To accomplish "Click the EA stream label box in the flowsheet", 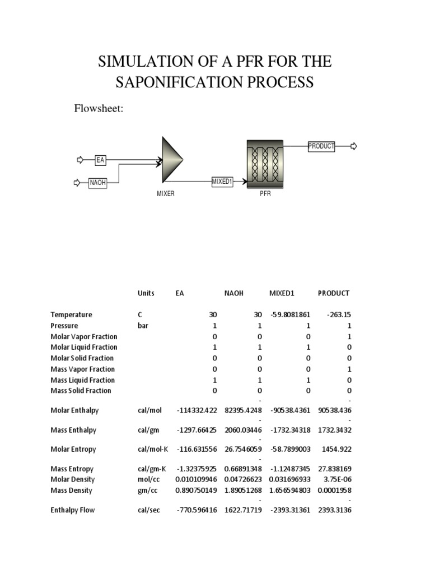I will pos(101,160).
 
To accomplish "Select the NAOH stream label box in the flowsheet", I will pos(97,183).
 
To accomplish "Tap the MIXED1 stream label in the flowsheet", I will pos(222,182).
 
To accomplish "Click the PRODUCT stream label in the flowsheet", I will pos(321,146).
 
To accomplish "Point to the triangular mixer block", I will pos(172,160).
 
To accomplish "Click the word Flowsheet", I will pos(99,109).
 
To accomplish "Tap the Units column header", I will pos(146,293).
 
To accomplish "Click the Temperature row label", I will pos(71,315).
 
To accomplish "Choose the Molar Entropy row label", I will pos(73,450).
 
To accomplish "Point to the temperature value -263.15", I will pos(338,315).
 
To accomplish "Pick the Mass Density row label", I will pos(71,491).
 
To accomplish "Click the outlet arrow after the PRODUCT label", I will pos(353,146).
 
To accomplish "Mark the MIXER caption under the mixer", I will pos(166,194).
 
